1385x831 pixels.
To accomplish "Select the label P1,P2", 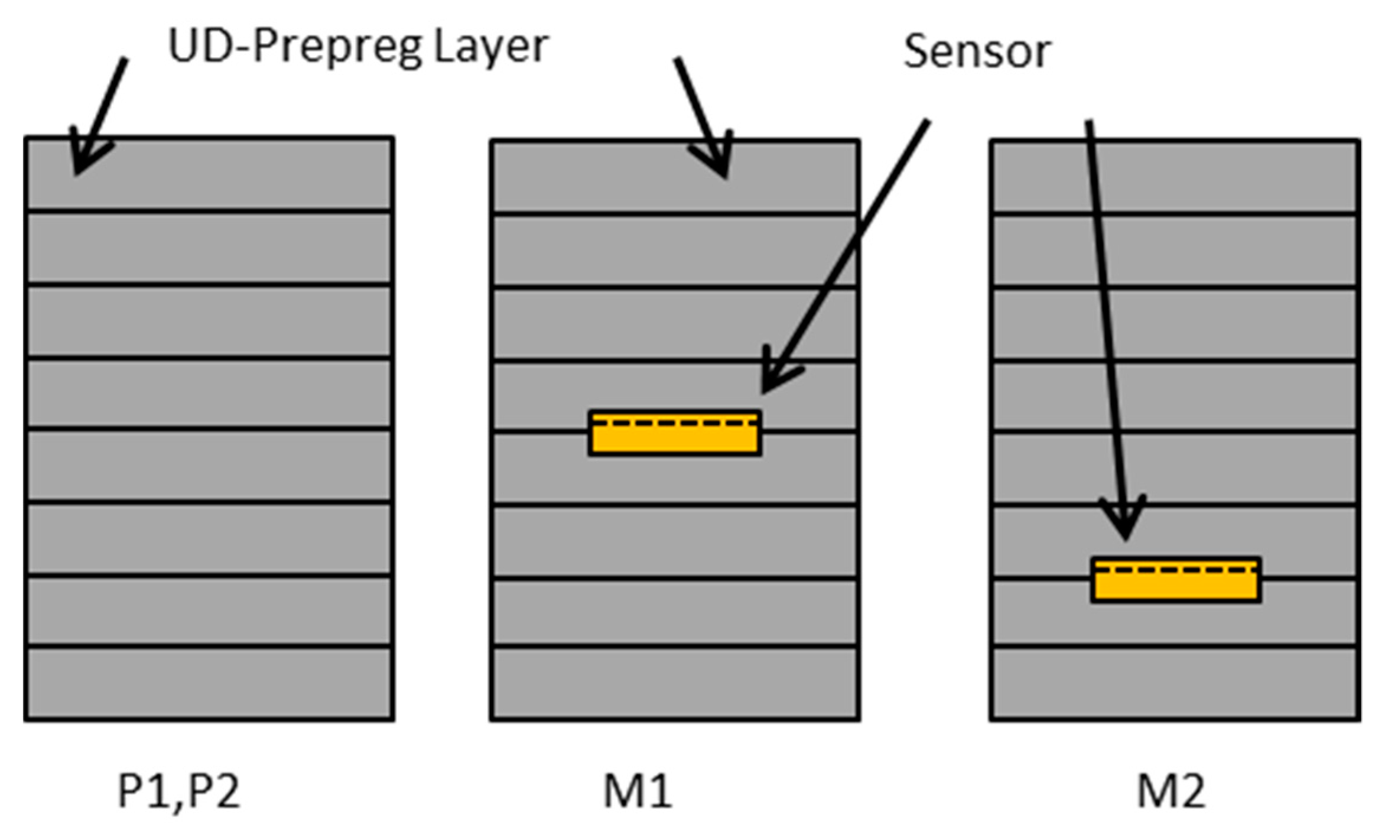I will click(x=179, y=791).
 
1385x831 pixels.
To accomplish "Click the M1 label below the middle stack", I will click(x=638, y=791).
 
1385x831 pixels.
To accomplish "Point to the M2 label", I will click(x=1172, y=791).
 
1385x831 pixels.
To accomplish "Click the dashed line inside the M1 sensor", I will click(x=675, y=424).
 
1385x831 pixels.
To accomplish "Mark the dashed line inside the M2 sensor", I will click(x=1176, y=569).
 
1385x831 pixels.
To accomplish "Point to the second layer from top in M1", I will click(x=675, y=250).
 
